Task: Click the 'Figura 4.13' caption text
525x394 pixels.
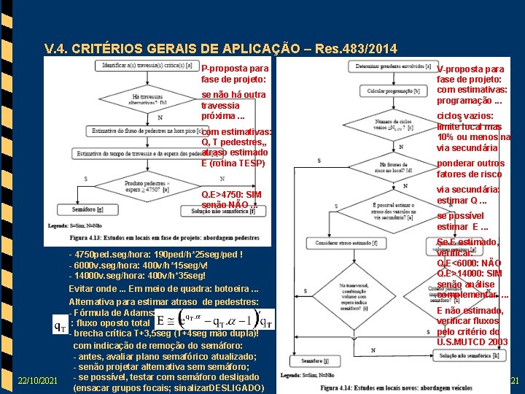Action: [164, 238]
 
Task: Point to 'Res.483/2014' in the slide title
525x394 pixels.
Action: [353, 49]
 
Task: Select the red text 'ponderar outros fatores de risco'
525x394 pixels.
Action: [470, 169]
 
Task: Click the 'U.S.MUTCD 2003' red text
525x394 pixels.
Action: [472, 341]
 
